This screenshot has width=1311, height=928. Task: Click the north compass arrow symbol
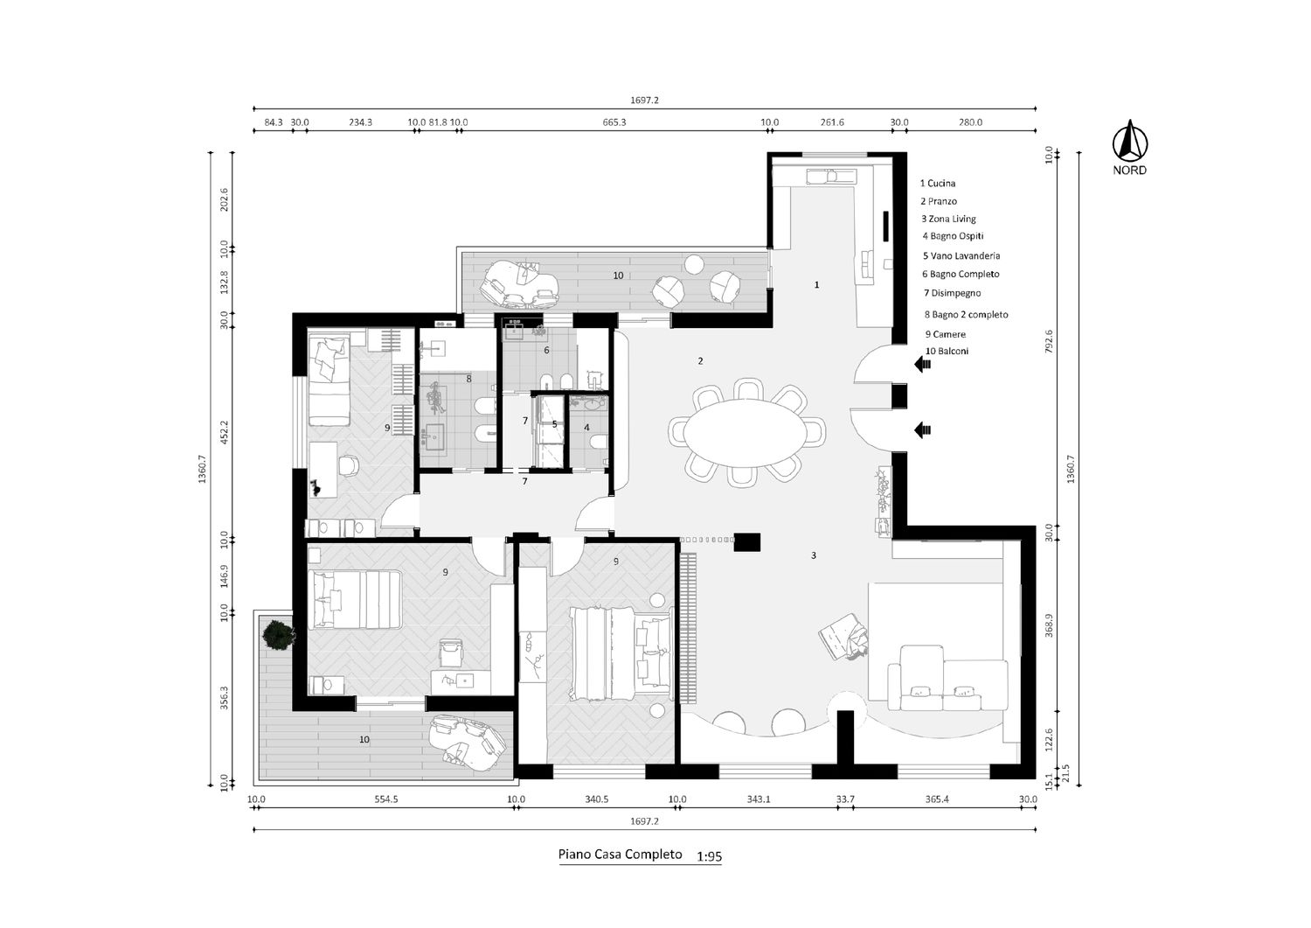pos(1129,141)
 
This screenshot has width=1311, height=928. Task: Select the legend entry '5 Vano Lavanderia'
pos(961,256)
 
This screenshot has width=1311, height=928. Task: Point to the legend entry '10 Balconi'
pos(947,352)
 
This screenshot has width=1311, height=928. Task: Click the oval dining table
pos(746,433)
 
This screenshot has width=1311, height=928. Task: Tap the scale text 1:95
pos(709,857)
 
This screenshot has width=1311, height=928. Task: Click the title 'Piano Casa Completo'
pos(620,855)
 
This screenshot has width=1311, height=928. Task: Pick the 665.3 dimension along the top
pos(614,122)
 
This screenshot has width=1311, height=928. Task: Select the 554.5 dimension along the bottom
pos(385,799)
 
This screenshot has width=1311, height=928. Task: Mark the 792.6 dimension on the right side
pos(1049,341)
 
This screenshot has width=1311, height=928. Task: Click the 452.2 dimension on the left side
pos(224,432)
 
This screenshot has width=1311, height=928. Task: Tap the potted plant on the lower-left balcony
pos(278,635)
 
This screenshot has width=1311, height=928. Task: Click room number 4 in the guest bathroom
pos(587,428)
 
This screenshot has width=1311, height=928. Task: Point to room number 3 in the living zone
pos(814,555)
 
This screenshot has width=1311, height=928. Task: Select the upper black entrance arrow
pos(923,365)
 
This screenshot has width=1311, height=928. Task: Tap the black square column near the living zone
pos(746,542)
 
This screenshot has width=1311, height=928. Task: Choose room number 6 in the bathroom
pos(546,351)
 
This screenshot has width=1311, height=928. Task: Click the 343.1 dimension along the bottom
pos(759,799)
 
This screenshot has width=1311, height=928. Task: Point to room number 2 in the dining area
pos(701,361)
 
